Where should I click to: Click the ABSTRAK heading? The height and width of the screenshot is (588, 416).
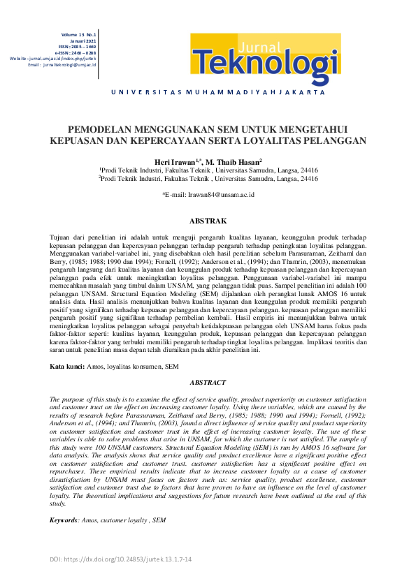[x=208, y=221]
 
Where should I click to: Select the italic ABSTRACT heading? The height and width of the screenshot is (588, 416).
[x=208, y=383]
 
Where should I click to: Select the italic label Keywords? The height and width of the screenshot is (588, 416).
[x=68, y=520]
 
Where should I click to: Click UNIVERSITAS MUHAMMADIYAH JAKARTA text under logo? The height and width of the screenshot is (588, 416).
[x=208, y=92]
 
